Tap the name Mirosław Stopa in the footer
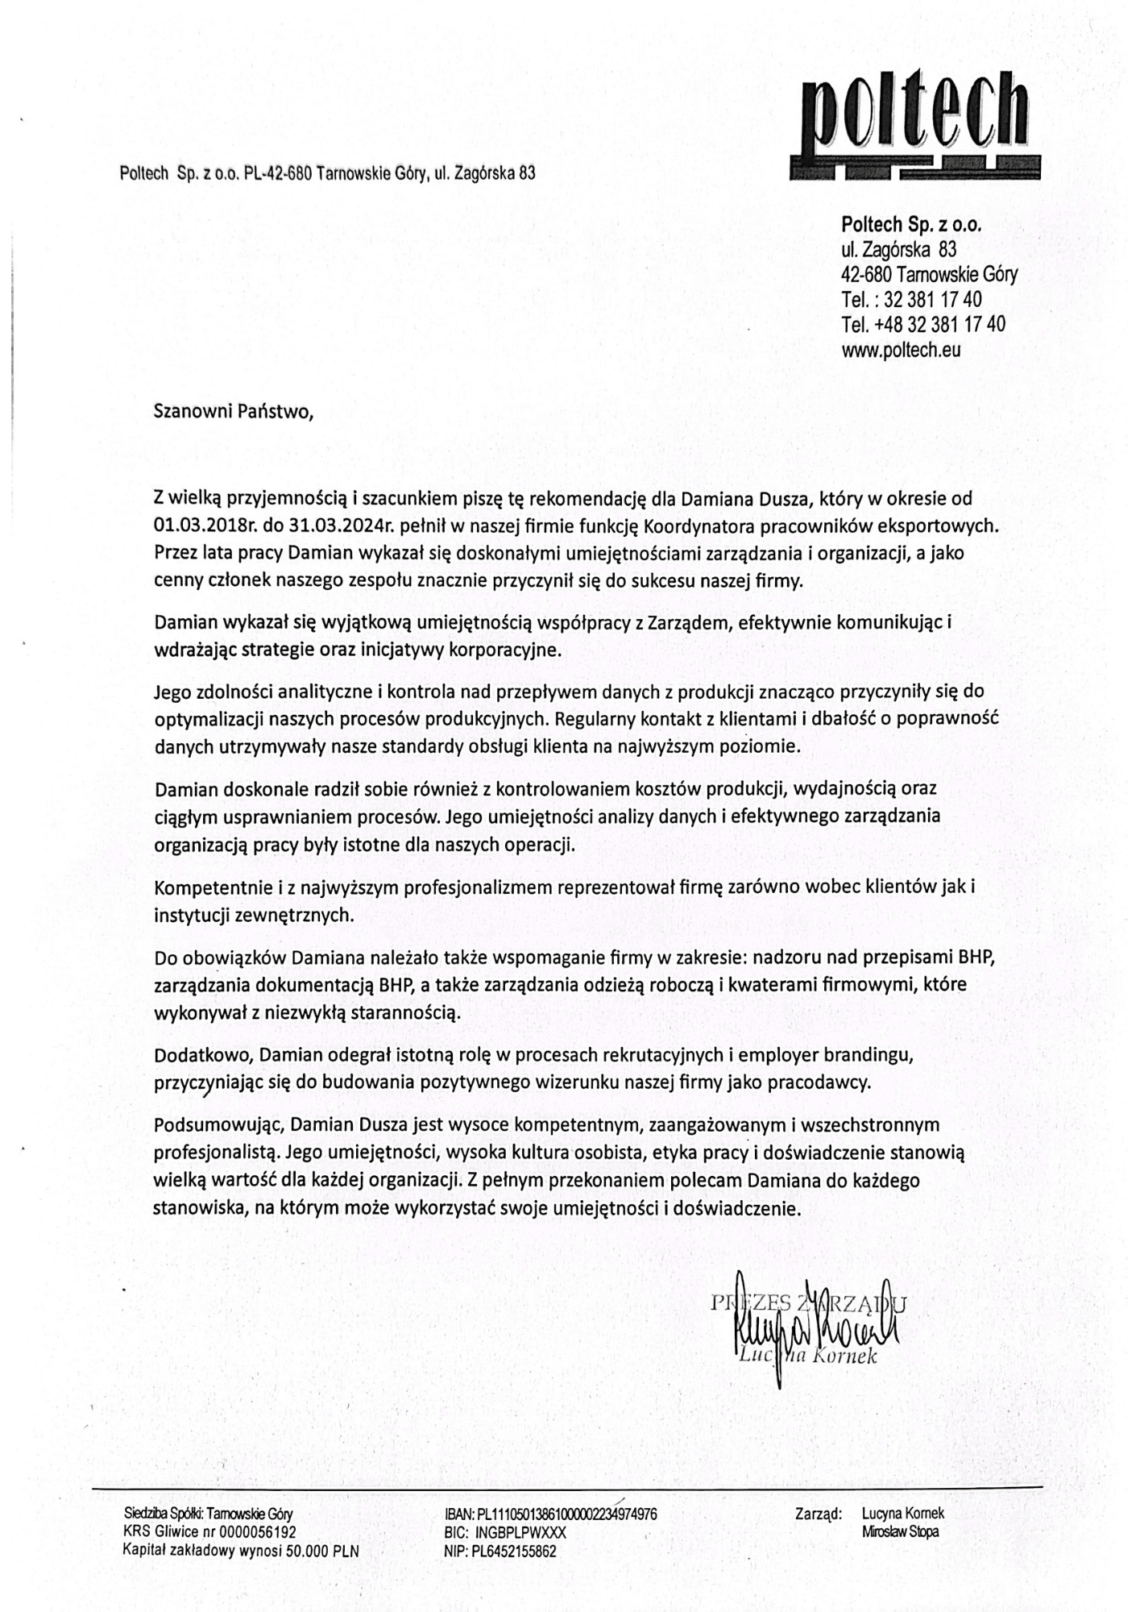(900, 1532)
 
